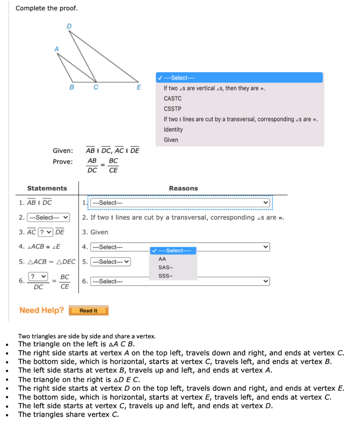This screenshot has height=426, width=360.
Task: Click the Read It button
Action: point(88,310)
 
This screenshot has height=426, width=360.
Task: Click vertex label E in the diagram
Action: point(139,87)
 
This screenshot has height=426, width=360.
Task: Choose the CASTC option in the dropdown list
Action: point(173,99)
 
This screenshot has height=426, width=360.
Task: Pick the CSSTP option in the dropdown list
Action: point(172,109)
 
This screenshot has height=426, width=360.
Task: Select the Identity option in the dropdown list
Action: point(173,129)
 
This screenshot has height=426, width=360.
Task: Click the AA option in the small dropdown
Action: point(162,259)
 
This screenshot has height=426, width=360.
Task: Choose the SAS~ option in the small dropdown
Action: point(165,267)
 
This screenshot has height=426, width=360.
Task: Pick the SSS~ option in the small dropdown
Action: point(165,275)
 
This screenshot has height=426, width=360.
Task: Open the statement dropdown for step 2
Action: point(48,217)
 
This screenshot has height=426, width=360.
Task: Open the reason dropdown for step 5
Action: point(110,262)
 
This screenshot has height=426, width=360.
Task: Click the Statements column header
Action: point(47,188)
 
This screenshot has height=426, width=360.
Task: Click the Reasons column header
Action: point(183,188)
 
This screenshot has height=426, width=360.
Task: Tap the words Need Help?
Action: point(42,310)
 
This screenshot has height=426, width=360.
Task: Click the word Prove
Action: point(62,161)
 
